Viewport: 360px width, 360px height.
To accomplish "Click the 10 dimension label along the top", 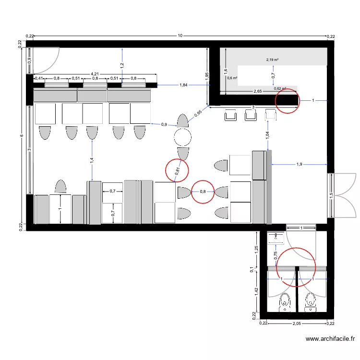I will click(x=180, y=36).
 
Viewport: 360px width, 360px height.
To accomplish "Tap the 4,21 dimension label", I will click(x=96, y=74).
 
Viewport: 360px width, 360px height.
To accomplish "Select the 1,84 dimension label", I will click(x=183, y=85).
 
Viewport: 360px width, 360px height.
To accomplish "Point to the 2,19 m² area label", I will click(x=273, y=60).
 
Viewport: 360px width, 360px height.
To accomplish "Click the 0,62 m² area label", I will click(x=280, y=88).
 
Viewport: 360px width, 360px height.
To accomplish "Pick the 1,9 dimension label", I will click(x=299, y=165).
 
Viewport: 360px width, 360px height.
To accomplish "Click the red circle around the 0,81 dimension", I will click(x=177, y=169).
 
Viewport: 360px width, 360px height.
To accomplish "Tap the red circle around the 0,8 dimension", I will click(x=203, y=192).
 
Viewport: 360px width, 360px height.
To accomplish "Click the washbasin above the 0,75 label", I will click(x=277, y=236).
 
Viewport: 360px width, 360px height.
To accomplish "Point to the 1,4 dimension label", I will click(x=92, y=161).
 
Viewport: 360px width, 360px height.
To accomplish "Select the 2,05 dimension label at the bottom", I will click(x=297, y=324).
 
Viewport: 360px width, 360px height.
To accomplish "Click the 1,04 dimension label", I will click(x=267, y=135).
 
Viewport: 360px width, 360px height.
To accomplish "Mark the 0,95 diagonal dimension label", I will click(x=198, y=114).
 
